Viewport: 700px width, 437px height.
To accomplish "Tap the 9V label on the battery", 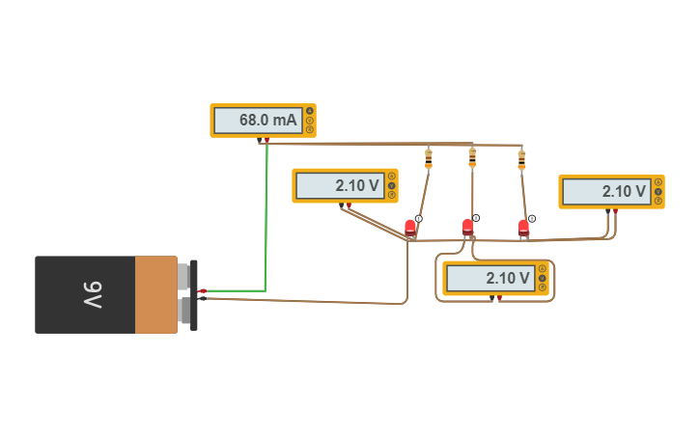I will point(92,294).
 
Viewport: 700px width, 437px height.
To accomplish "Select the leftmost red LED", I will point(410,228).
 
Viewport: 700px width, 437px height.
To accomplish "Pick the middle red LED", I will point(468,228).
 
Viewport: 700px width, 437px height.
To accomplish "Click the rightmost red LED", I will point(523,228).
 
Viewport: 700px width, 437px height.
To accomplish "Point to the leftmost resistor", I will point(429,157).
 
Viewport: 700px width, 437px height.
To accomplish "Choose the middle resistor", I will point(472,156).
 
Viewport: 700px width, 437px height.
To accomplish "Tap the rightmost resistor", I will point(521,158).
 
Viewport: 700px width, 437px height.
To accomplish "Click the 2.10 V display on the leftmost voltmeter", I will point(339,186).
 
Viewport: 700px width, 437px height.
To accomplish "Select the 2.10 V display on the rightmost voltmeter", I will point(605,191).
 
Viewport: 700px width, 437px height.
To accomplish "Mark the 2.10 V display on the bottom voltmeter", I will point(490,279).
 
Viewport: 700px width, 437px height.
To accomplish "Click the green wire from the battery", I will point(266,222).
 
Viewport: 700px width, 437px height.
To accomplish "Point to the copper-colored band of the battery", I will point(155,294).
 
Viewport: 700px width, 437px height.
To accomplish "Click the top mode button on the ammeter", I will point(310,111).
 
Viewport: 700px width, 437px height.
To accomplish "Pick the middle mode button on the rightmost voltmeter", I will point(658,191).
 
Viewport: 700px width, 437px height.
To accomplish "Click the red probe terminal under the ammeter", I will point(266,141).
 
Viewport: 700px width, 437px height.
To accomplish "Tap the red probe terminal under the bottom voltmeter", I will point(499,299).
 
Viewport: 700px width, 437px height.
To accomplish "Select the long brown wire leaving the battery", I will point(309,302).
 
